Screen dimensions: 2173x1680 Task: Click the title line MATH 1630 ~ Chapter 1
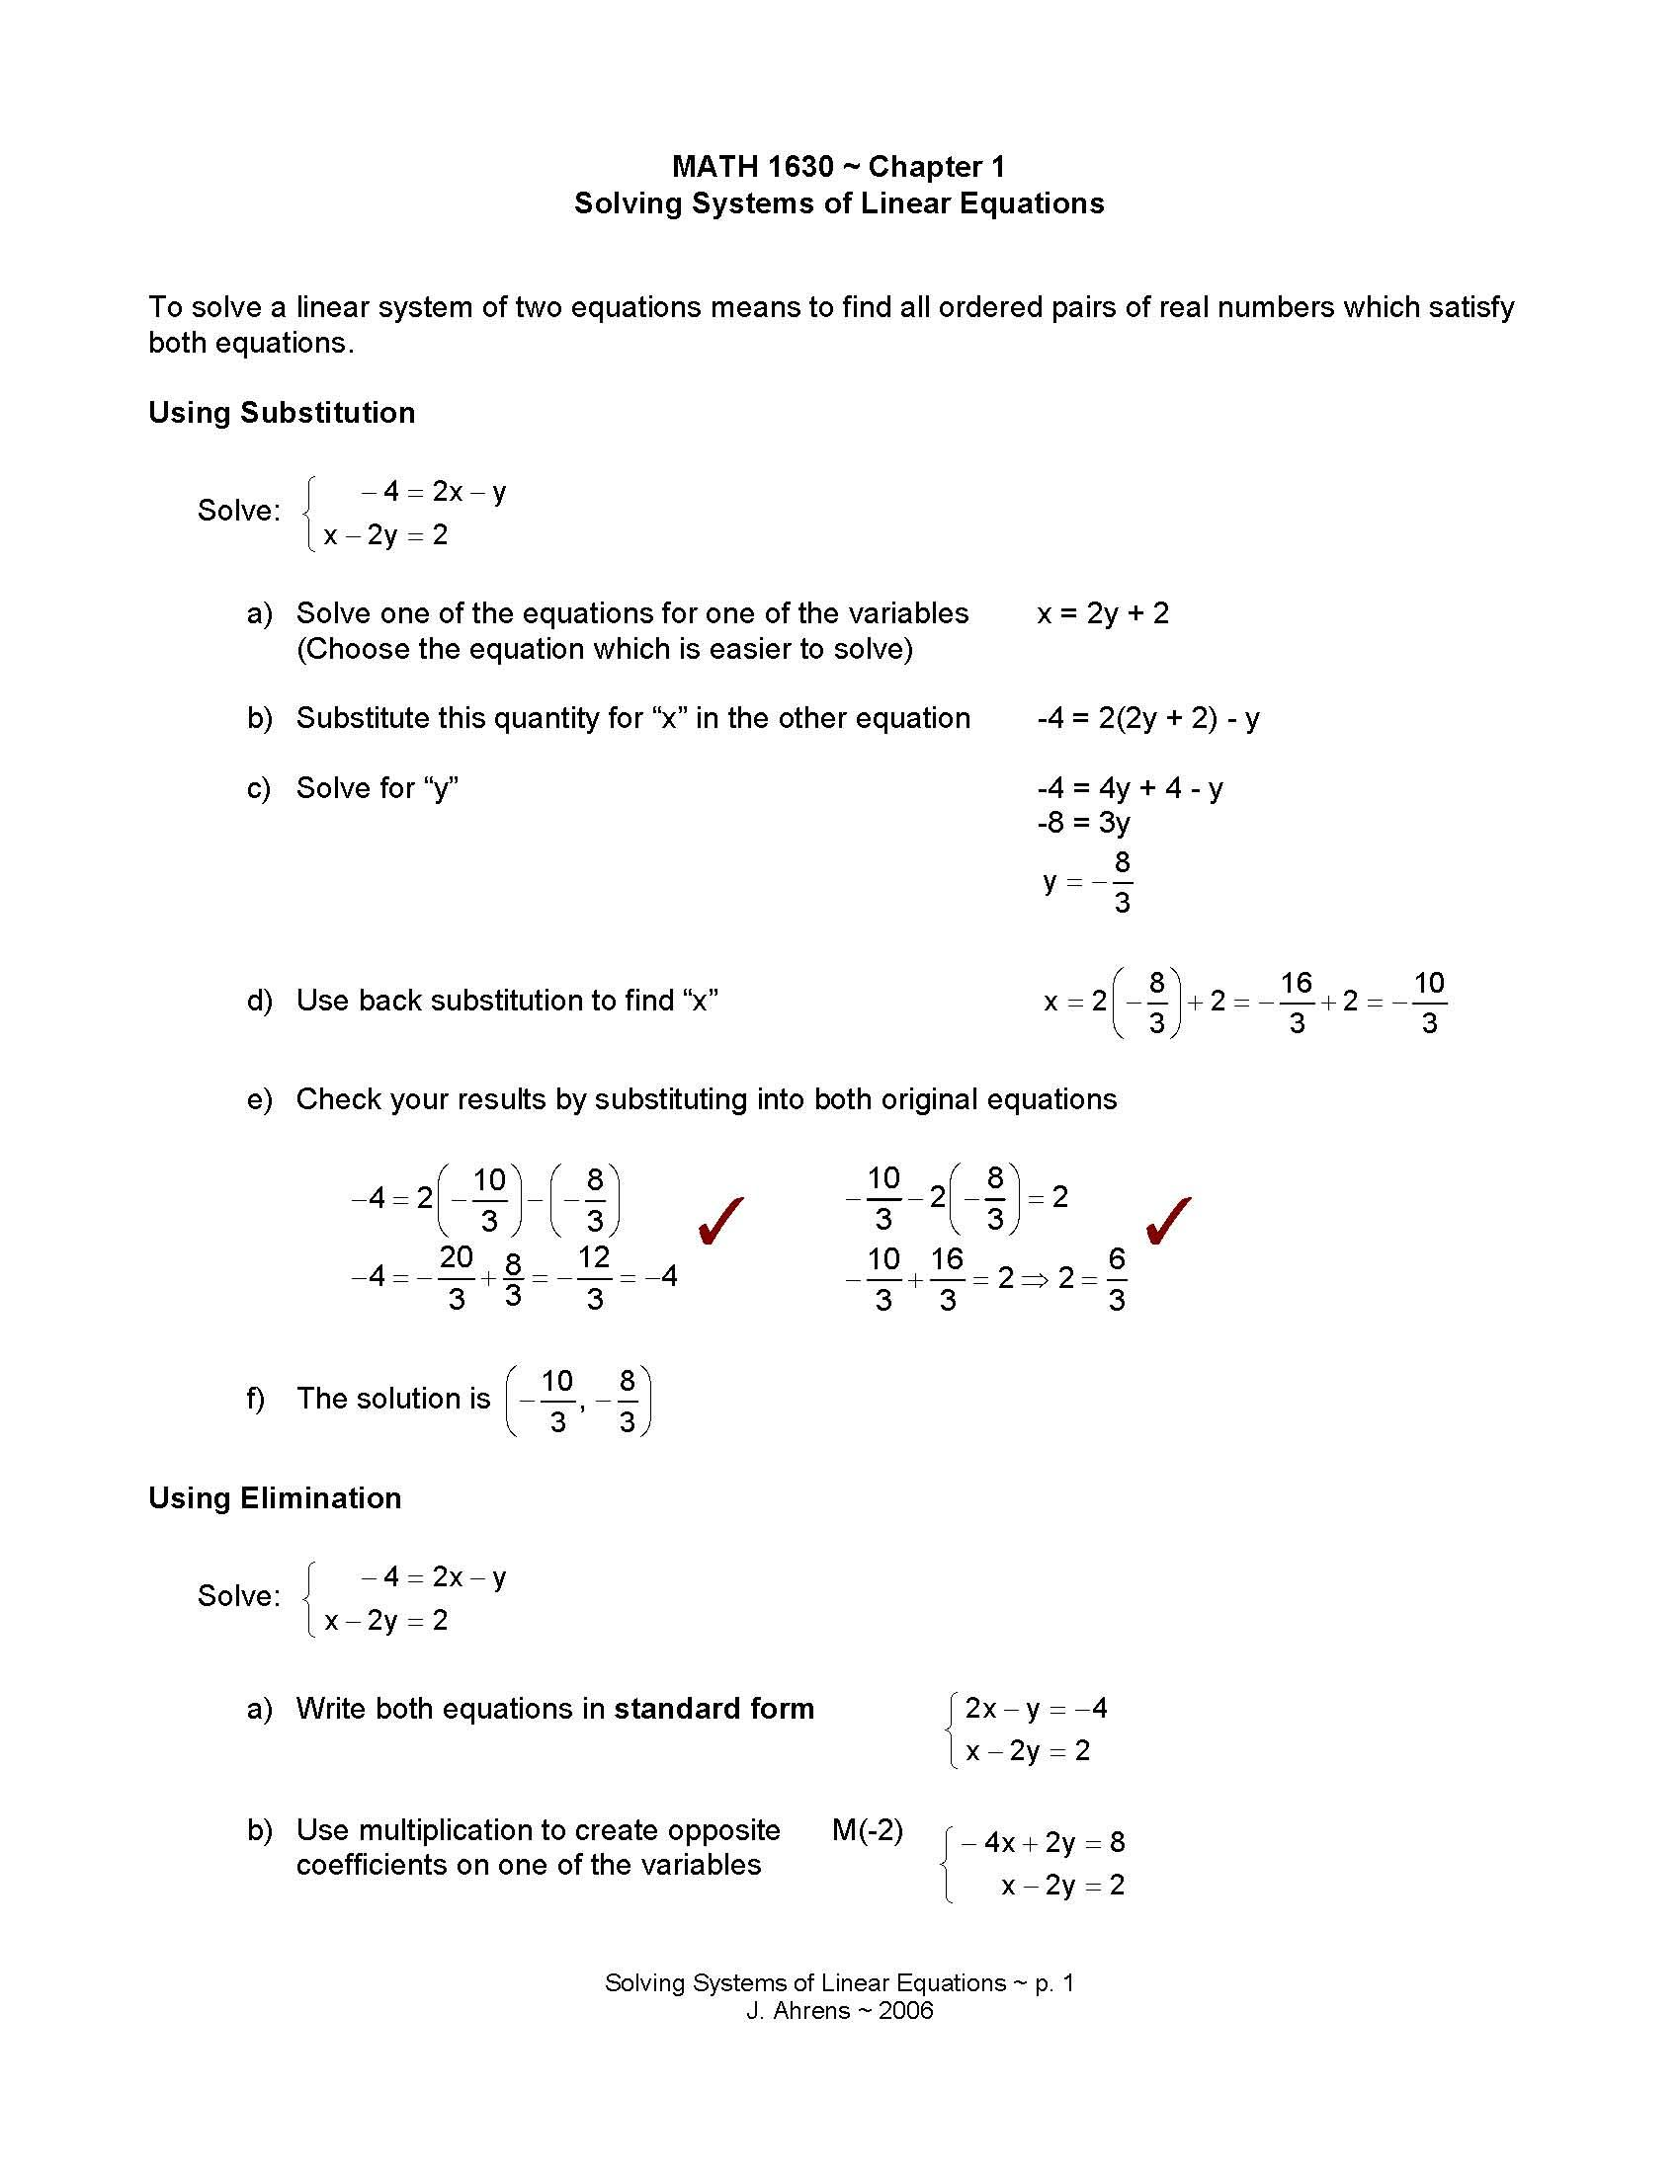(838, 166)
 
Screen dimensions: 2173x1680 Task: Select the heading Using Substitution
(282, 412)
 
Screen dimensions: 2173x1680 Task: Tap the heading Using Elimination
(275, 1497)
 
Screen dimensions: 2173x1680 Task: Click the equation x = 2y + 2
(1103, 613)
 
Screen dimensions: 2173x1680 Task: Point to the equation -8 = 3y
(1083, 822)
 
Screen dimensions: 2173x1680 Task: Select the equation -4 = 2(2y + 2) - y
(1147, 717)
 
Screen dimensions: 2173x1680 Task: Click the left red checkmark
(720, 1221)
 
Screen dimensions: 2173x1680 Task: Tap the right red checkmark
(1168, 1221)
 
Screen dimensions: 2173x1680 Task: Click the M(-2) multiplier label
(867, 1829)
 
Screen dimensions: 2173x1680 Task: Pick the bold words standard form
(714, 1709)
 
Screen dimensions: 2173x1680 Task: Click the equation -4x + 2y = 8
(1042, 1843)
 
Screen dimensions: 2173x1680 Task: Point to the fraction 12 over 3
(594, 1277)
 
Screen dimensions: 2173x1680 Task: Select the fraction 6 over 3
(1116, 1278)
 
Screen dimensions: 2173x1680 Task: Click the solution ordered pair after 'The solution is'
(578, 1400)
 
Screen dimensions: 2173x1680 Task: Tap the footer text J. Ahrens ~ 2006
(839, 2011)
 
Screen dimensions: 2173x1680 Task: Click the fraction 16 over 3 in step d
(1296, 1002)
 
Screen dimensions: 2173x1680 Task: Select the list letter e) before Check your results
(259, 1099)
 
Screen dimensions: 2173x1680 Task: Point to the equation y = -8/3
(1088, 880)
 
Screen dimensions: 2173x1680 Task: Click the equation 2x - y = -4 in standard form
(1035, 1709)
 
